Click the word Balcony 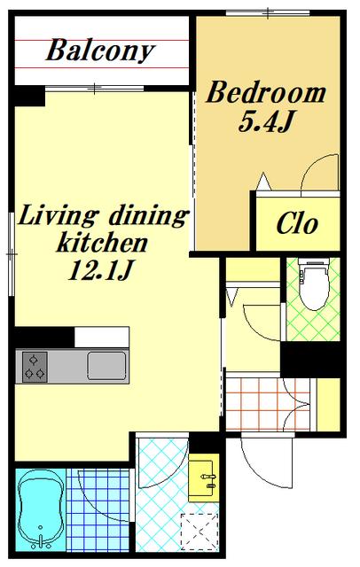pyautogui.click(x=100, y=50)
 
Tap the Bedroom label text pyautogui.click(x=266, y=92)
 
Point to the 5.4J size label pyautogui.click(x=265, y=122)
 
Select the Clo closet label pyautogui.click(x=297, y=224)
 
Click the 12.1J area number pyautogui.click(x=99, y=270)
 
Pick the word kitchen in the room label pyautogui.click(x=102, y=243)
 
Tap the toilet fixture pyautogui.click(x=314, y=283)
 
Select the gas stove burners pyautogui.click(x=35, y=367)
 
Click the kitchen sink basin pyautogui.click(x=106, y=366)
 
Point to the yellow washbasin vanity pyautogui.click(x=204, y=478)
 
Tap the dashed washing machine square pyautogui.click(x=200, y=532)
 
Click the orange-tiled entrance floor pyautogui.click(x=268, y=404)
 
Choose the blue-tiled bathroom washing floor pyautogui.click(x=98, y=510)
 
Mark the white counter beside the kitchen pyautogui.click(x=102, y=337)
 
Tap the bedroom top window pyautogui.click(x=268, y=13)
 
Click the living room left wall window pyautogui.click(x=12, y=254)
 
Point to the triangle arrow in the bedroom pyautogui.click(x=263, y=182)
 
